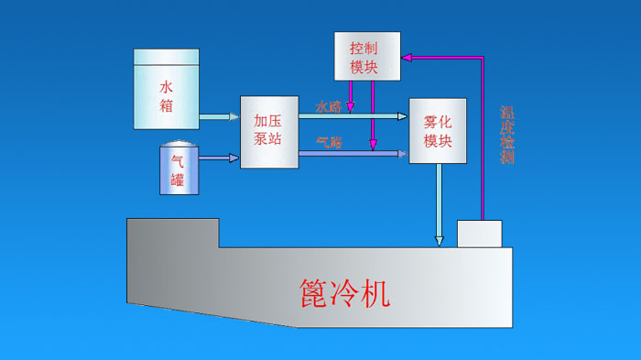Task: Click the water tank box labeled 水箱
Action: coord(166,88)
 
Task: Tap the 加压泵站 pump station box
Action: coord(270,131)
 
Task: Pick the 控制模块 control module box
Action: coord(367,54)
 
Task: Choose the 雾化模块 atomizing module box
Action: coord(438,131)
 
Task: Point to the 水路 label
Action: coord(329,106)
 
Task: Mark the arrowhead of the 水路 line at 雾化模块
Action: coord(403,116)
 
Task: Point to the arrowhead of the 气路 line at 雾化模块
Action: coord(403,154)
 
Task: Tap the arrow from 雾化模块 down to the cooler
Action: coord(440,206)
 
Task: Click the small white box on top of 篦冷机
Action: coord(479,234)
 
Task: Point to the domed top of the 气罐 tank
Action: coord(178,146)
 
